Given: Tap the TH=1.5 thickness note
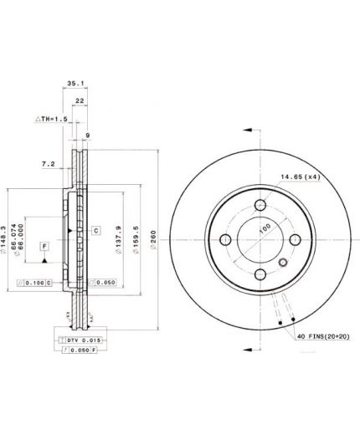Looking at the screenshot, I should (52, 120).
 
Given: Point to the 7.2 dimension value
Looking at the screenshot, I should (48, 164).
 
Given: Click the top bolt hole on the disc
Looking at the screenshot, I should (260, 205).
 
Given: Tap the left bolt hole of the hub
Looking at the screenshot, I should (225, 240).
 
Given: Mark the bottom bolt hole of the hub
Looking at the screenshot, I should (260, 275).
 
